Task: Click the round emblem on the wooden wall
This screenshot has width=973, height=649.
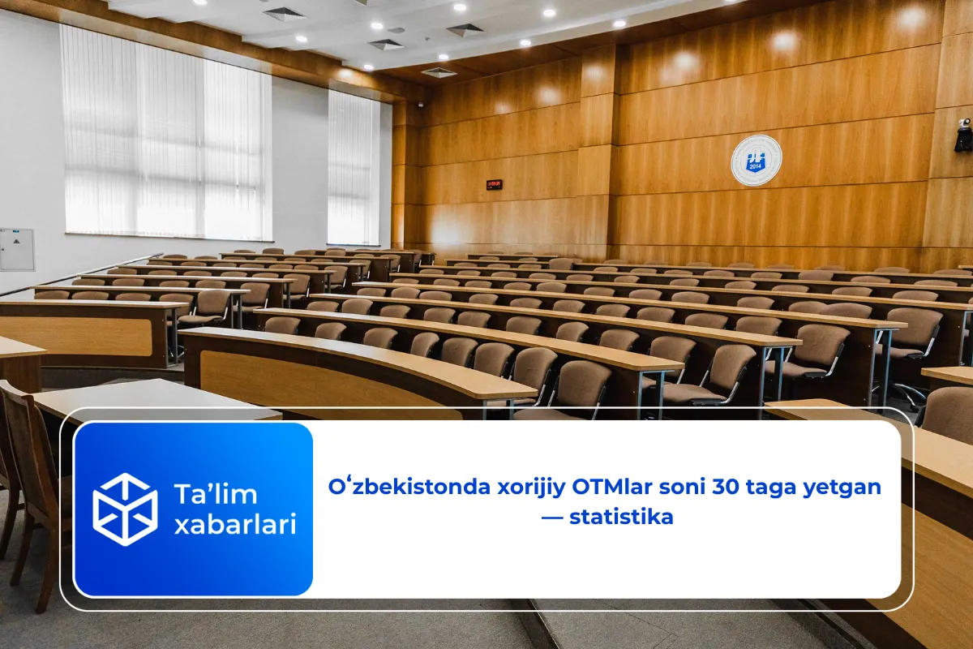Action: pos(756,161)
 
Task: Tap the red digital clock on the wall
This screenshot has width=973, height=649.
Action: pos(494,185)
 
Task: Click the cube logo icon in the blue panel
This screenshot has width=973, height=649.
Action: pos(125,509)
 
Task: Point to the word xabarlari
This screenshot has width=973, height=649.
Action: pos(235,525)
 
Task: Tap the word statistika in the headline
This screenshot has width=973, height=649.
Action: pos(621,517)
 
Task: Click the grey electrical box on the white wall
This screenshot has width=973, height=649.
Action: pos(16,249)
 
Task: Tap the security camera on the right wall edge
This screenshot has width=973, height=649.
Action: pos(963,135)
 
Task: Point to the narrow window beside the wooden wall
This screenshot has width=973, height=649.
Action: pos(354,167)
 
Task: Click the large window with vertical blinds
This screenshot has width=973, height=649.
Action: pos(165,134)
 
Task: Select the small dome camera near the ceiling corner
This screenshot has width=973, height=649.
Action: pos(421,105)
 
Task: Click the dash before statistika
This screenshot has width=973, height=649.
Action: pos(553,517)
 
